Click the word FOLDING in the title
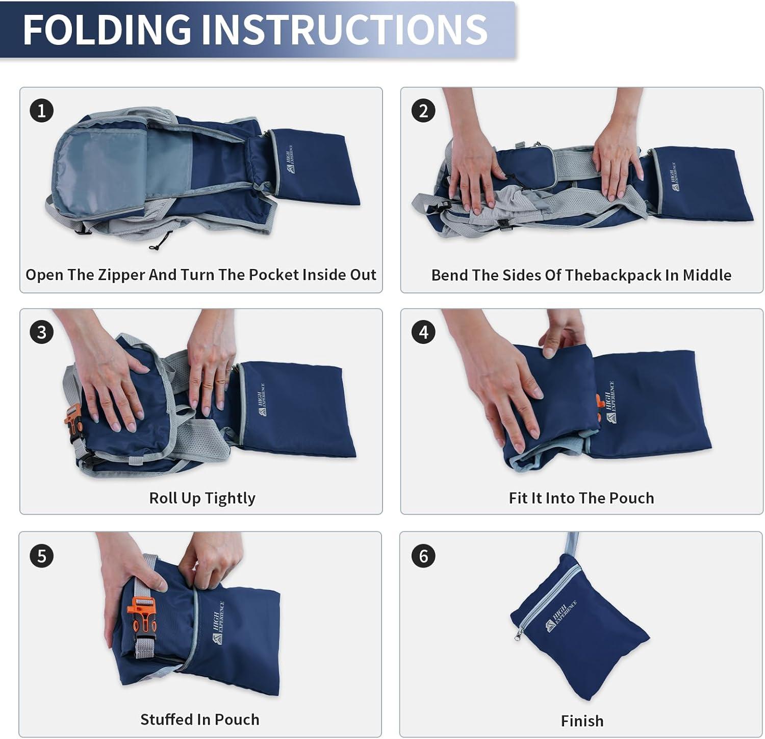point(107,29)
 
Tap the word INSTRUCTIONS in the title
point(344,29)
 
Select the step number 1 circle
point(42,110)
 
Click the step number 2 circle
point(423,110)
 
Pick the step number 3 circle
point(42,332)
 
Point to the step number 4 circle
point(423,332)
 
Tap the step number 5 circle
point(42,555)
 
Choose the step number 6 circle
point(423,555)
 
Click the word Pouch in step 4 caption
point(631,498)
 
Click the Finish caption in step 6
point(582,721)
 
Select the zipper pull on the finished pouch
point(519,635)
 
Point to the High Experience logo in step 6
point(562,616)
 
